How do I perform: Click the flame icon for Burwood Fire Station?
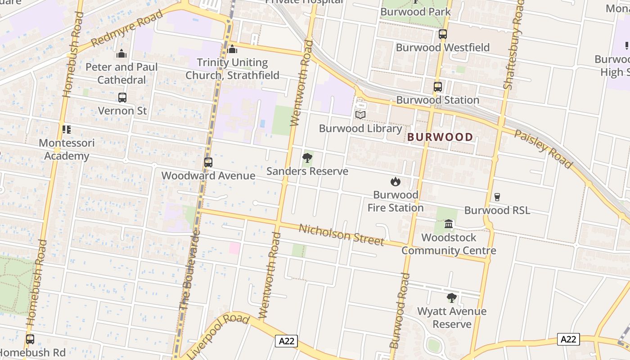396,182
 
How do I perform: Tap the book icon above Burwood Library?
360,115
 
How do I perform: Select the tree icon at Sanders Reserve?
307,158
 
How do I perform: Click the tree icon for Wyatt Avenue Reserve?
451,298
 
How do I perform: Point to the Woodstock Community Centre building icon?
449,224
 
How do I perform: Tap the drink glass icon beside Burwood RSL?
497,197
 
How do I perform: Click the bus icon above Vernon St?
122,97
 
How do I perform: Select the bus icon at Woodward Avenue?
208,162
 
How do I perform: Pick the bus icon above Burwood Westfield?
442,34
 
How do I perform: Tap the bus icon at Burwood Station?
437,87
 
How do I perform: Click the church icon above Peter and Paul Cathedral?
121,54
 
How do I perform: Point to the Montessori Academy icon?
67,130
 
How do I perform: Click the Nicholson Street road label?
341,234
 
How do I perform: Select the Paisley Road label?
543,149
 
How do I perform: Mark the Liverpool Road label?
218,335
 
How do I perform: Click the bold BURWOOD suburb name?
440,137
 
